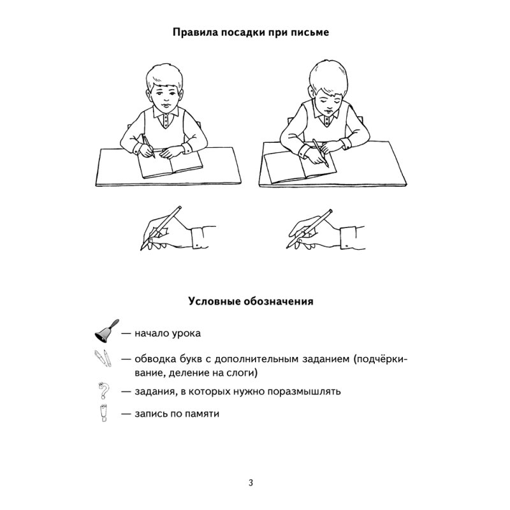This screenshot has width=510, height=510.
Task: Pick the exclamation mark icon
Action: point(102,412)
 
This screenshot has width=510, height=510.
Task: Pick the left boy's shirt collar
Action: point(165,118)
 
